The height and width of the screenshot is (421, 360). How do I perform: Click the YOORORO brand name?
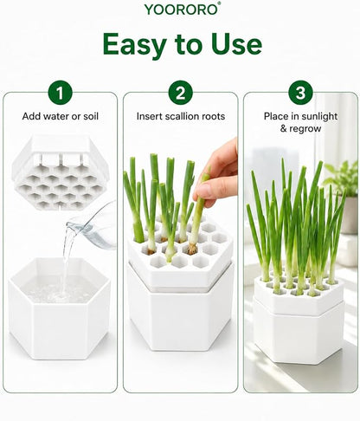[x=183, y=9]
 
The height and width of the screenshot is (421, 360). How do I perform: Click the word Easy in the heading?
[x=134, y=45]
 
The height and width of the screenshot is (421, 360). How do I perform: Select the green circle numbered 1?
[x=60, y=93]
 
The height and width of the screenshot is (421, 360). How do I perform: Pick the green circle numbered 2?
[x=181, y=93]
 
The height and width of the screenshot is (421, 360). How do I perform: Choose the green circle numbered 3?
[x=300, y=93]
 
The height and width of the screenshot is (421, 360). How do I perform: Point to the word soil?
[x=91, y=116]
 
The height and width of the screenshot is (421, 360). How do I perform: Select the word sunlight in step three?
[x=319, y=117]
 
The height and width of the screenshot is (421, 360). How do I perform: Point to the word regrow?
[x=305, y=129]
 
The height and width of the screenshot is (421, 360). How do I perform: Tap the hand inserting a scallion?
[x=215, y=172]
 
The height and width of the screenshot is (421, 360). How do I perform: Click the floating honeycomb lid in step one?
[x=60, y=172]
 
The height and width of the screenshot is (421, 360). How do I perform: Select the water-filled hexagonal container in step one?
[x=60, y=308]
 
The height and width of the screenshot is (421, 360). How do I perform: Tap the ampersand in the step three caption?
[x=283, y=128]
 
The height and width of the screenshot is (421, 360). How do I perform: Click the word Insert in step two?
[x=146, y=116]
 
